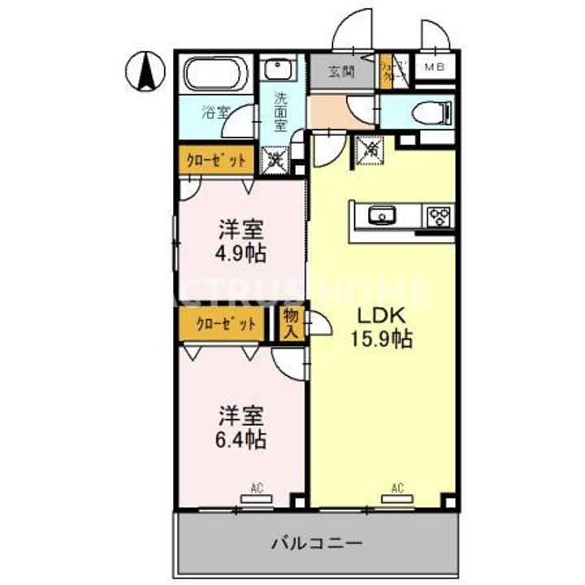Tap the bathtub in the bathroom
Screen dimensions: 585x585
215,76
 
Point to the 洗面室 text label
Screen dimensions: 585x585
279,112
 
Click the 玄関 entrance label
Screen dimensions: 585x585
341,71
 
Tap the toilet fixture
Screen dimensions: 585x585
430,111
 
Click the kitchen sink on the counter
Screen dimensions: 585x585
380,215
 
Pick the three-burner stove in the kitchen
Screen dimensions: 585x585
439,216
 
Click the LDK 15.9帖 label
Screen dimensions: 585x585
383,326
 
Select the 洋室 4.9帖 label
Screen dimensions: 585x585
240,240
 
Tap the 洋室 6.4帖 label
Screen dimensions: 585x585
241,428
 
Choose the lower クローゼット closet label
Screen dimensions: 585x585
223,323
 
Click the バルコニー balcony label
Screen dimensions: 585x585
317,542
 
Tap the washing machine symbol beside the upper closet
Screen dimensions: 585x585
276,158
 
